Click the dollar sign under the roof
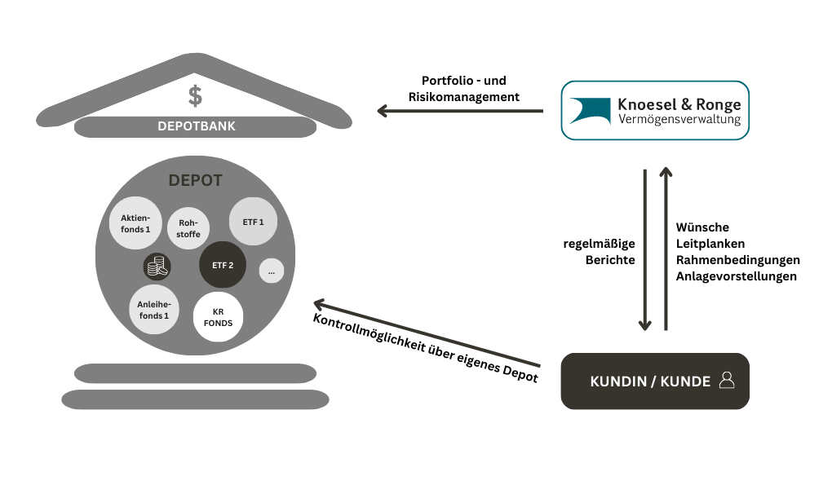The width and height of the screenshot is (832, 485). [195, 96]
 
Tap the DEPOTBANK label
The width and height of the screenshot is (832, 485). [196, 126]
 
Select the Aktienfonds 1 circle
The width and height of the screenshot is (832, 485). [135, 223]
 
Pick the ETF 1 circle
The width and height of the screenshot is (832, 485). [253, 221]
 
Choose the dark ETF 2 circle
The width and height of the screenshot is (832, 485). [223, 265]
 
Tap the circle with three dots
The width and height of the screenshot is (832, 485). [271, 271]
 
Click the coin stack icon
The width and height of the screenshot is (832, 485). [157, 266]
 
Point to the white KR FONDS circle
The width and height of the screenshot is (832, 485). [219, 316]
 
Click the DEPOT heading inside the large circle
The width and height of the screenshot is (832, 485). [195, 181]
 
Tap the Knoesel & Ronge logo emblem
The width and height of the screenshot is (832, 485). [589, 111]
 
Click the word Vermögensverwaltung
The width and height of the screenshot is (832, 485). [679, 120]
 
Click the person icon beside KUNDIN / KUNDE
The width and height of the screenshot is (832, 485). [727, 380]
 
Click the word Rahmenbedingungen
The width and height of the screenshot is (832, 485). [737, 260]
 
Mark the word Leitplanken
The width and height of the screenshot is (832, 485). [710, 244]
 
